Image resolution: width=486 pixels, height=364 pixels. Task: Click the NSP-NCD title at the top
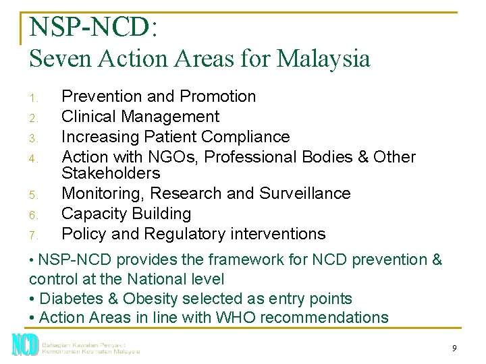pos(93,26)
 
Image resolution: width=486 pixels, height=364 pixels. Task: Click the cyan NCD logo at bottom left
pos(24,344)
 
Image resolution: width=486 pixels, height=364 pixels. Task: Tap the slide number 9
pos(454,348)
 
